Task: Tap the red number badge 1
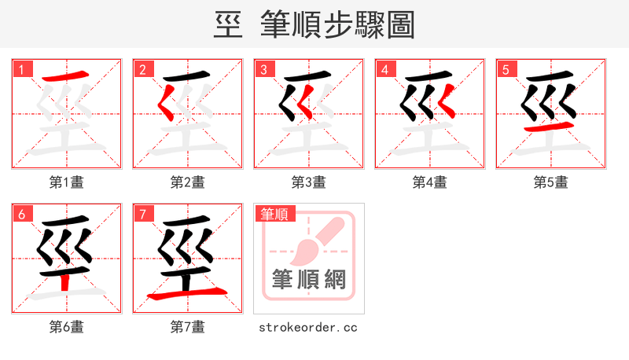[x=21, y=69]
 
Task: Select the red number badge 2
[x=142, y=69]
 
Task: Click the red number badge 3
[x=263, y=69]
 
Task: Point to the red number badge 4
[x=384, y=69]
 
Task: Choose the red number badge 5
[x=506, y=69]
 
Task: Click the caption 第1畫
[x=66, y=182]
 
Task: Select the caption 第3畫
[x=308, y=182]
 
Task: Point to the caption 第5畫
[x=550, y=182]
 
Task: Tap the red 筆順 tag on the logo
[x=274, y=214]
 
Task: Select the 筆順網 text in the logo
[x=308, y=279]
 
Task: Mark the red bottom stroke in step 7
[x=187, y=294]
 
